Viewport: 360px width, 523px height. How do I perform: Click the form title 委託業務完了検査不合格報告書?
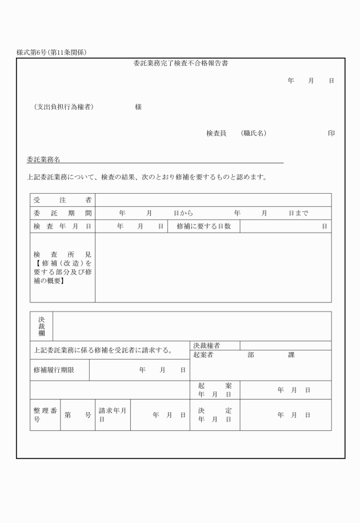(x=181, y=63)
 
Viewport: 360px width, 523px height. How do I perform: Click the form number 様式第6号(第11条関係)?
(x=52, y=53)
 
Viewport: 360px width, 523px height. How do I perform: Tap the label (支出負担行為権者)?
(x=63, y=107)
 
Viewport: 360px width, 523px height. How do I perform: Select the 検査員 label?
(x=217, y=133)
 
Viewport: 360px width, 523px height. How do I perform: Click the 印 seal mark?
(x=331, y=133)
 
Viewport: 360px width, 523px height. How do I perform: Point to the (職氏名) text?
(x=253, y=133)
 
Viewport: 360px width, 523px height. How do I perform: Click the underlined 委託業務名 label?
(x=43, y=159)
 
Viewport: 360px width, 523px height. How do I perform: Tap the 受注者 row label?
(x=62, y=200)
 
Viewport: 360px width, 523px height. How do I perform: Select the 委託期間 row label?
(x=62, y=213)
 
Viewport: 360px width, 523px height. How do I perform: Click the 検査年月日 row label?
(x=62, y=226)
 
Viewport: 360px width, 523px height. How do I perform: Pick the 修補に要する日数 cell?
(x=203, y=226)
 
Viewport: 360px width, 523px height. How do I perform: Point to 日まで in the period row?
(x=298, y=213)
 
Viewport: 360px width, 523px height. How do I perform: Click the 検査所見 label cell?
(x=62, y=268)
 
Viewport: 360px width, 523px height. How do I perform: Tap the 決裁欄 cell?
(x=41, y=326)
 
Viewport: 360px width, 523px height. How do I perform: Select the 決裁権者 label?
(x=207, y=345)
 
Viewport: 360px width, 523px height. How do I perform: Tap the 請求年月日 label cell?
(x=112, y=415)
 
